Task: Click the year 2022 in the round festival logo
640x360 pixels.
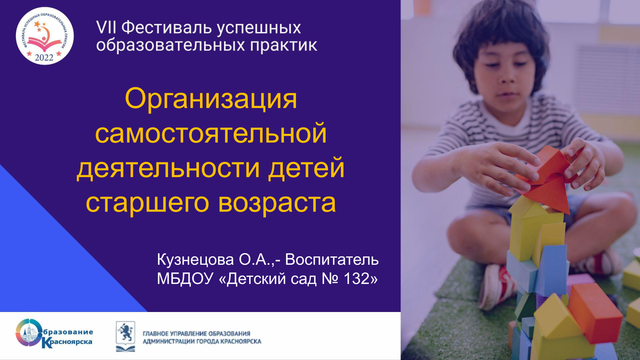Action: click(x=44, y=58)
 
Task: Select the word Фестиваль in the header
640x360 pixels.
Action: click(x=167, y=28)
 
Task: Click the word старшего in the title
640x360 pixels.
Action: click(x=148, y=204)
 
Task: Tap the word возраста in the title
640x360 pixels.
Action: click(x=277, y=204)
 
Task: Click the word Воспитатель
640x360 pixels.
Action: click(x=332, y=260)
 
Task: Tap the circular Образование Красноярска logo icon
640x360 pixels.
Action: click(x=28, y=333)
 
